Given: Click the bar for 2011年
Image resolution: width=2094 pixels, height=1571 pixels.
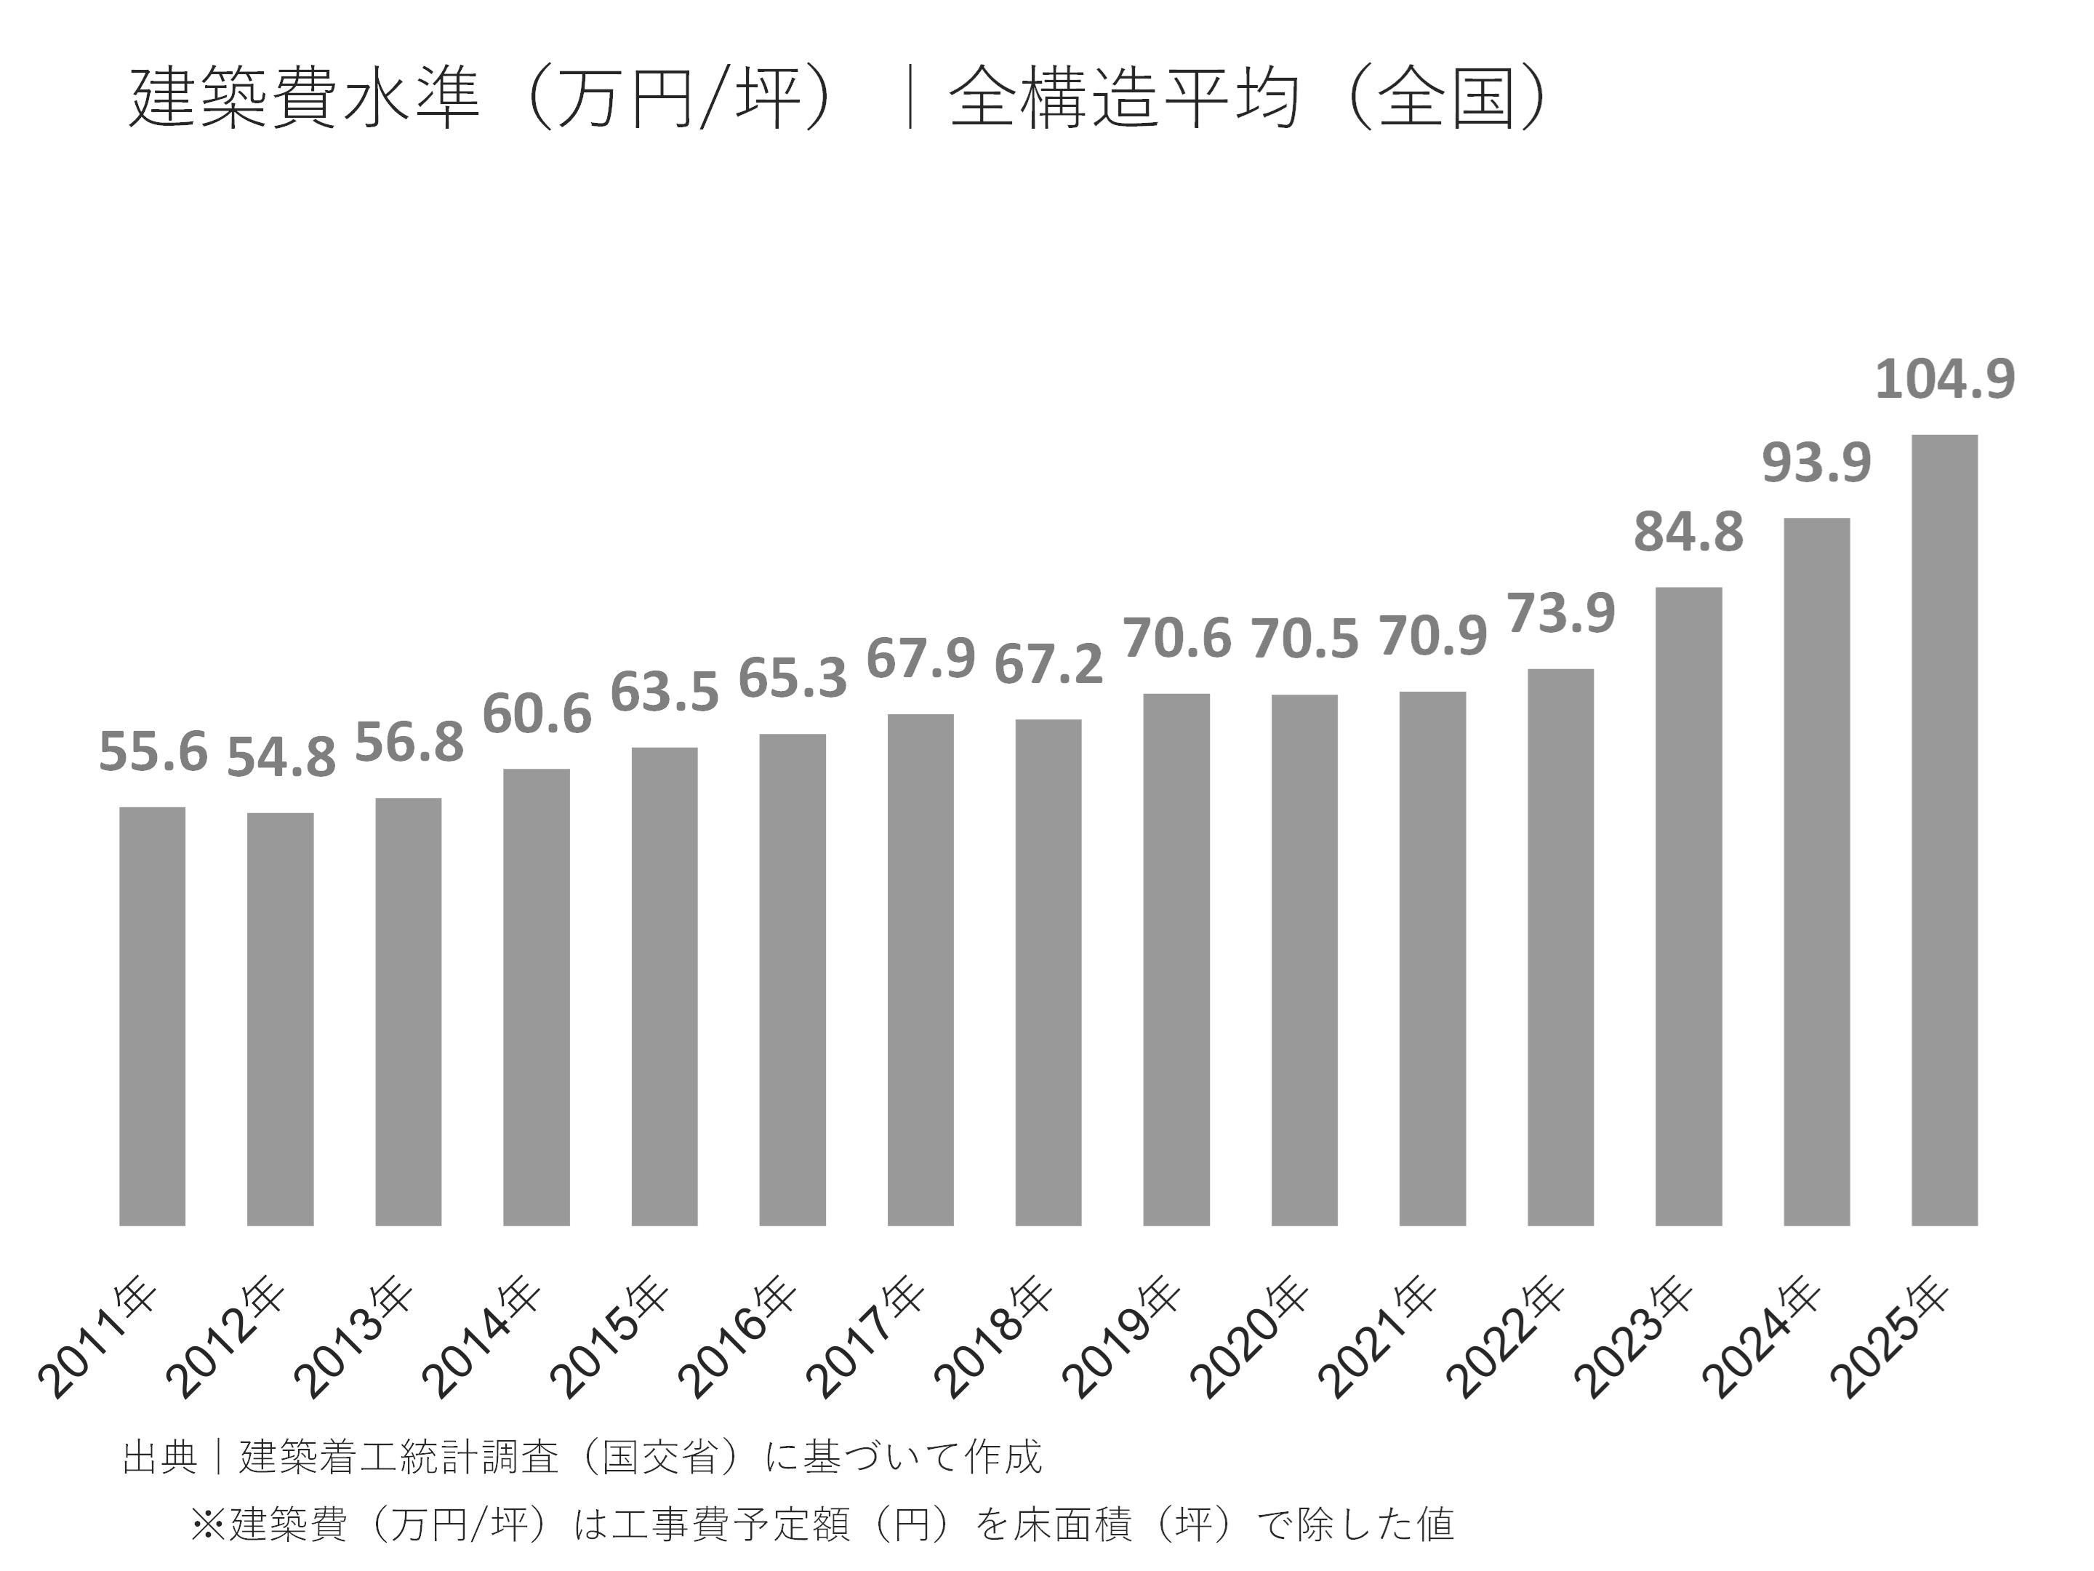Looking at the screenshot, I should tap(153, 1016).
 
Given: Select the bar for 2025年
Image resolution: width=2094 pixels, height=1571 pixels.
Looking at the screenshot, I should tap(1944, 830).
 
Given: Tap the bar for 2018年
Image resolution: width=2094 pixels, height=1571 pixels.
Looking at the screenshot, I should tap(1048, 972).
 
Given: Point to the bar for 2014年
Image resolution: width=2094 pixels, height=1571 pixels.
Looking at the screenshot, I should tap(536, 997).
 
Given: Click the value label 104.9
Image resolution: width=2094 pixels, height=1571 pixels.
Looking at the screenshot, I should tap(1944, 379).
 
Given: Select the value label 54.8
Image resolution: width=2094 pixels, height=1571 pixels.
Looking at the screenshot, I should tap(281, 758).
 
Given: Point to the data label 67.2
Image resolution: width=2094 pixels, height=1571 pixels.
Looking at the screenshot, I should tap(1048, 665).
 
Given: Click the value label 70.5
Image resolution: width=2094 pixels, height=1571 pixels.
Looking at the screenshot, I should tap(1304, 639).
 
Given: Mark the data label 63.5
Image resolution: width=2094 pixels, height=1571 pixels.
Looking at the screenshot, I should tap(664, 692).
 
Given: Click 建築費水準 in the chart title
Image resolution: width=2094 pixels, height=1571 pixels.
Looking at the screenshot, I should tap(305, 98).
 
